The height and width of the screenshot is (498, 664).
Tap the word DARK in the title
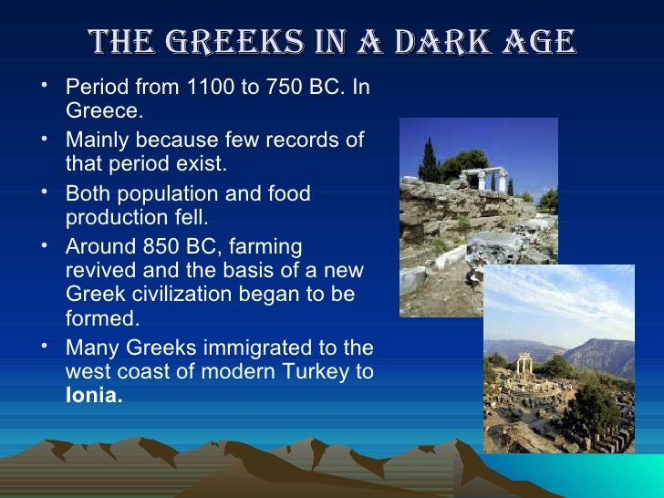[x=450, y=42]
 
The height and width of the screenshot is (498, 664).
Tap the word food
[x=287, y=193]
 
